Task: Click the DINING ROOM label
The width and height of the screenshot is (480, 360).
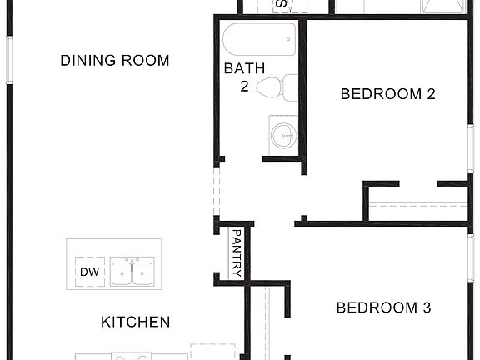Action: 115,61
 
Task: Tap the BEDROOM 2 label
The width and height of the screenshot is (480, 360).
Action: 388,94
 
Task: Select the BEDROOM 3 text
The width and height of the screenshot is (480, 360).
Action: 383,308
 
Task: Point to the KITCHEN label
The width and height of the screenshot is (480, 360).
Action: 136,322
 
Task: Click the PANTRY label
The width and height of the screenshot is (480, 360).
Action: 237,252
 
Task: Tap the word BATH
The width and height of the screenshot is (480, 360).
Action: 245,68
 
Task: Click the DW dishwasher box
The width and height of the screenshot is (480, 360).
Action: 88,272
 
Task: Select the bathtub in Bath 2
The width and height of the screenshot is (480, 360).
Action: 259,40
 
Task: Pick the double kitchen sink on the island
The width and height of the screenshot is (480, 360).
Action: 131,272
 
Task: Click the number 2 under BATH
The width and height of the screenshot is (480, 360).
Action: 245,86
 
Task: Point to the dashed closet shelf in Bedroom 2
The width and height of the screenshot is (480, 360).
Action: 417,204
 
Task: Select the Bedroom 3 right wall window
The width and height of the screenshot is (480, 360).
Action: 470,258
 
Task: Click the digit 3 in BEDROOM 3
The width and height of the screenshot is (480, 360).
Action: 426,308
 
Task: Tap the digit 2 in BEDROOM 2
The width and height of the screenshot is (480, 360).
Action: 431,94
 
